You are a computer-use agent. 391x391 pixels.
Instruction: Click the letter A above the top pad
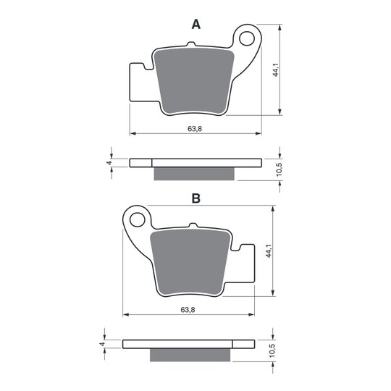point(196,25)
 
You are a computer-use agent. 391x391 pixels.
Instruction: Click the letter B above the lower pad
point(196,198)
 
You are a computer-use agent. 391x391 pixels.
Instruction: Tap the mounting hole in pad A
point(247,38)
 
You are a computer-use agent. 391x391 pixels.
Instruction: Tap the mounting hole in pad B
point(138,219)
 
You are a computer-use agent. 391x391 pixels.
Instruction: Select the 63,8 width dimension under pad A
point(195,129)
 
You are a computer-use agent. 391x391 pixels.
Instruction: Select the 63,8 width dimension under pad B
point(188,310)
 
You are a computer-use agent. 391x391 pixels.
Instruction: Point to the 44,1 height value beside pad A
point(275,70)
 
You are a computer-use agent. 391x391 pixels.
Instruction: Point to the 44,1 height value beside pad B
point(269,251)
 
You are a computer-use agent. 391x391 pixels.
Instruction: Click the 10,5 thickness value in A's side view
point(279,169)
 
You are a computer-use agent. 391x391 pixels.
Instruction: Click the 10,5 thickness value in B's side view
point(272,350)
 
